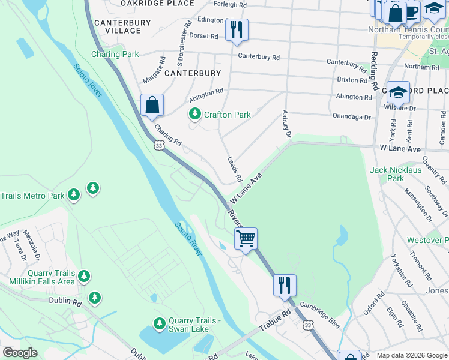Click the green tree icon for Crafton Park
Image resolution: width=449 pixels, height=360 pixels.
coord(194,114)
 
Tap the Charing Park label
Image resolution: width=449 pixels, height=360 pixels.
coord(115,55)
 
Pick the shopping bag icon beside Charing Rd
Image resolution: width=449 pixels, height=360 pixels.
coord(152,104)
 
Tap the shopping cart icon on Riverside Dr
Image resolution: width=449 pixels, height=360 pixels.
coord(246,238)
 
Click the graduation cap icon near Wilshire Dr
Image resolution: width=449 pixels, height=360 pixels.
coord(398,92)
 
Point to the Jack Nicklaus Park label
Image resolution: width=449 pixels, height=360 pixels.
coord(396,174)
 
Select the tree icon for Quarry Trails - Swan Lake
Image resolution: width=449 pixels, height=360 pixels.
coord(159,323)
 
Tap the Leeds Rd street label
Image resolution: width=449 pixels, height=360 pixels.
coord(234,170)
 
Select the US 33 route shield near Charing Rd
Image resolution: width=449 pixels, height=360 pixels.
coord(158,145)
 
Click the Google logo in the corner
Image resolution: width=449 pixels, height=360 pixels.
coord(20,353)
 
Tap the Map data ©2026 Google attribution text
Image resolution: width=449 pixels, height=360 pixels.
coord(412,355)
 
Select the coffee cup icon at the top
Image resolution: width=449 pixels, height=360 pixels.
coord(411,11)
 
